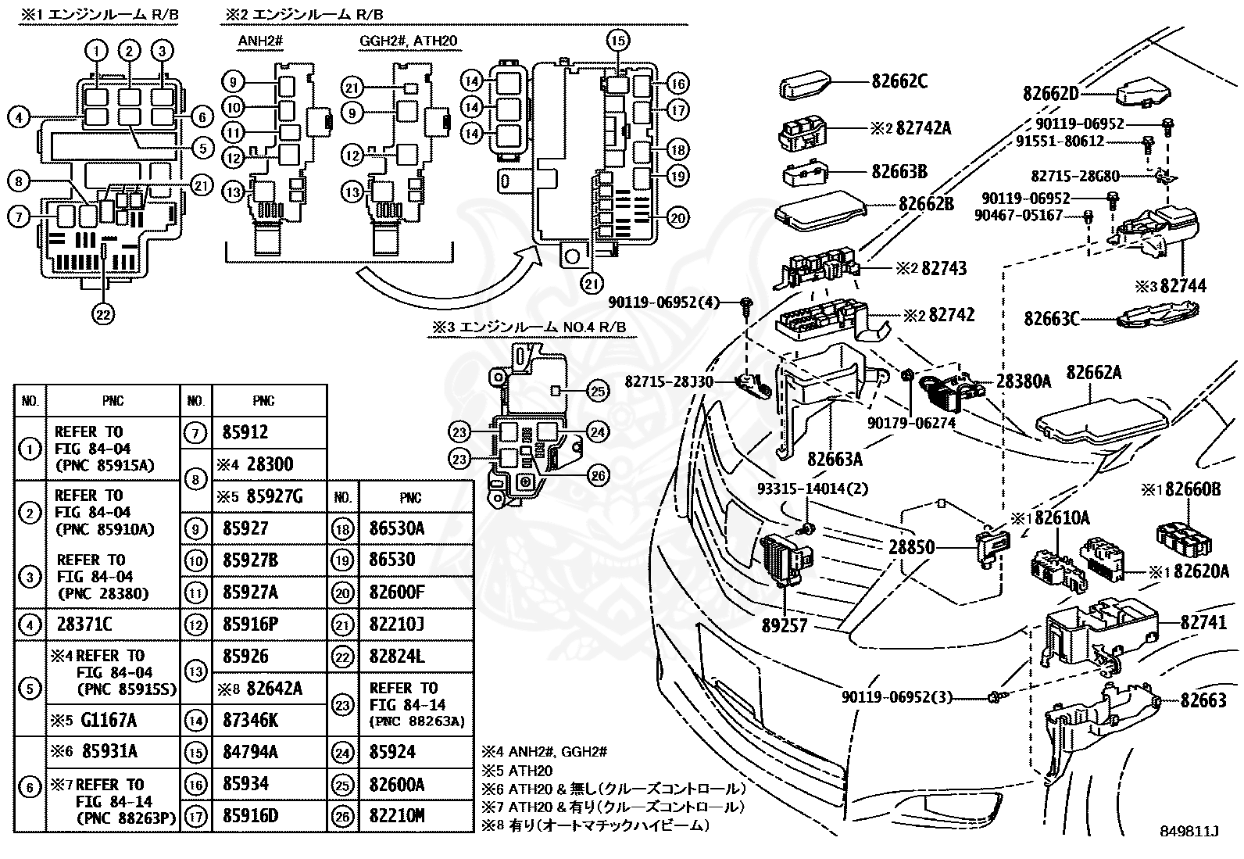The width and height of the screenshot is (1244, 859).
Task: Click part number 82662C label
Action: click(899, 81)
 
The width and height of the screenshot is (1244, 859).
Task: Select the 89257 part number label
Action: click(785, 626)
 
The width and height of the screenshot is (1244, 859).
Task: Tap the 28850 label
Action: click(911, 547)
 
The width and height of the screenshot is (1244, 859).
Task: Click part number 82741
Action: click(1203, 622)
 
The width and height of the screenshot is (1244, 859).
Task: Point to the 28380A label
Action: click(1024, 381)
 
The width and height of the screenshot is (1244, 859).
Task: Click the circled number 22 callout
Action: click(104, 314)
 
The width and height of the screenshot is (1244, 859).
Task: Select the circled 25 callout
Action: click(598, 392)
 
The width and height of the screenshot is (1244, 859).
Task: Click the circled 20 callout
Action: click(678, 218)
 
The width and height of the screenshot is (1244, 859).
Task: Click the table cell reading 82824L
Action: click(397, 657)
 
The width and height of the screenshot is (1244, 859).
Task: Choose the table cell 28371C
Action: click(84, 625)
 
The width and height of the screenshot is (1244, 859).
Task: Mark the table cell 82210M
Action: click(397, 816)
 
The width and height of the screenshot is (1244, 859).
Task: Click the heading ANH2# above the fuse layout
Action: click(256, 41)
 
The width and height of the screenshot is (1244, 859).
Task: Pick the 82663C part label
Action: click(1052, 318)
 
